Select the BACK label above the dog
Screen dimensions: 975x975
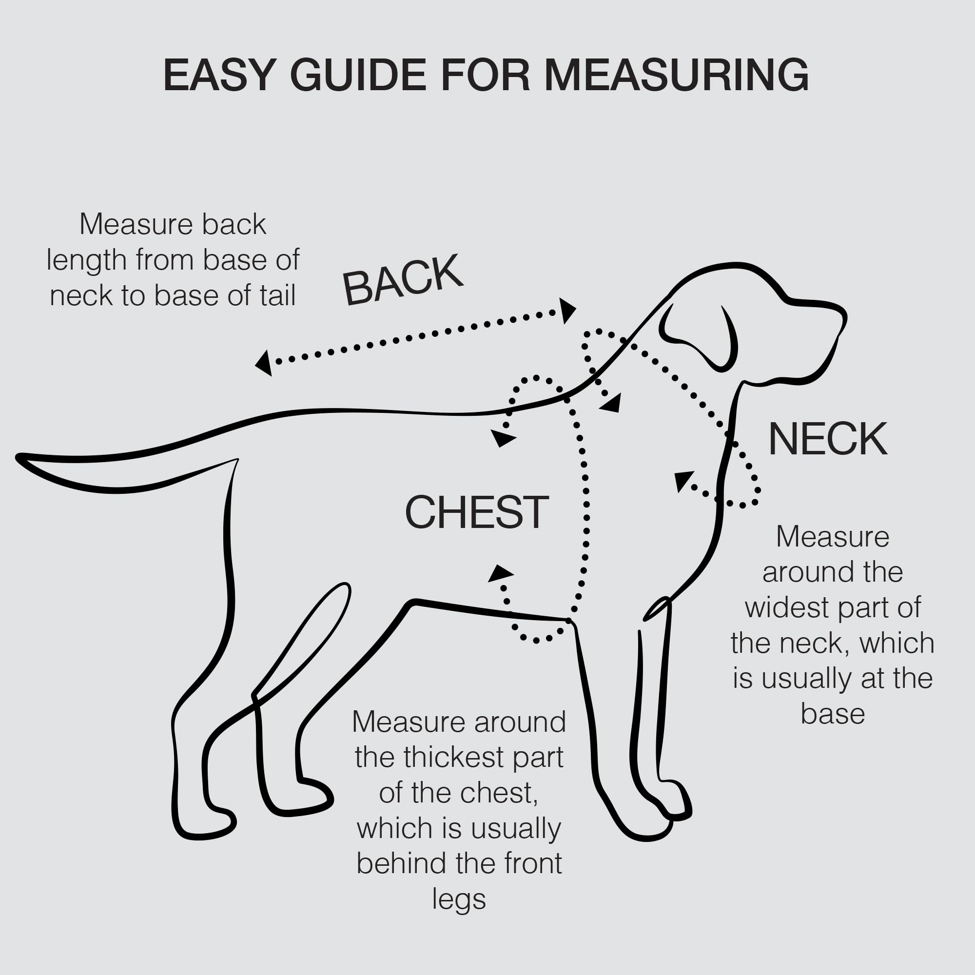point(402,281)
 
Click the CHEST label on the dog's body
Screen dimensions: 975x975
point(476,513)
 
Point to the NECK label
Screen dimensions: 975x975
point(828,440)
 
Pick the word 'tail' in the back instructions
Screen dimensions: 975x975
point(277,296)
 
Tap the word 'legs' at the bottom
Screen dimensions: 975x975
point(459,899)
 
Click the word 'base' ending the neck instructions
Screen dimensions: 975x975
point(833,714)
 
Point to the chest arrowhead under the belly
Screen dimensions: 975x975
point(500,573)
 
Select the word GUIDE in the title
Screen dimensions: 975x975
point(359,75)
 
